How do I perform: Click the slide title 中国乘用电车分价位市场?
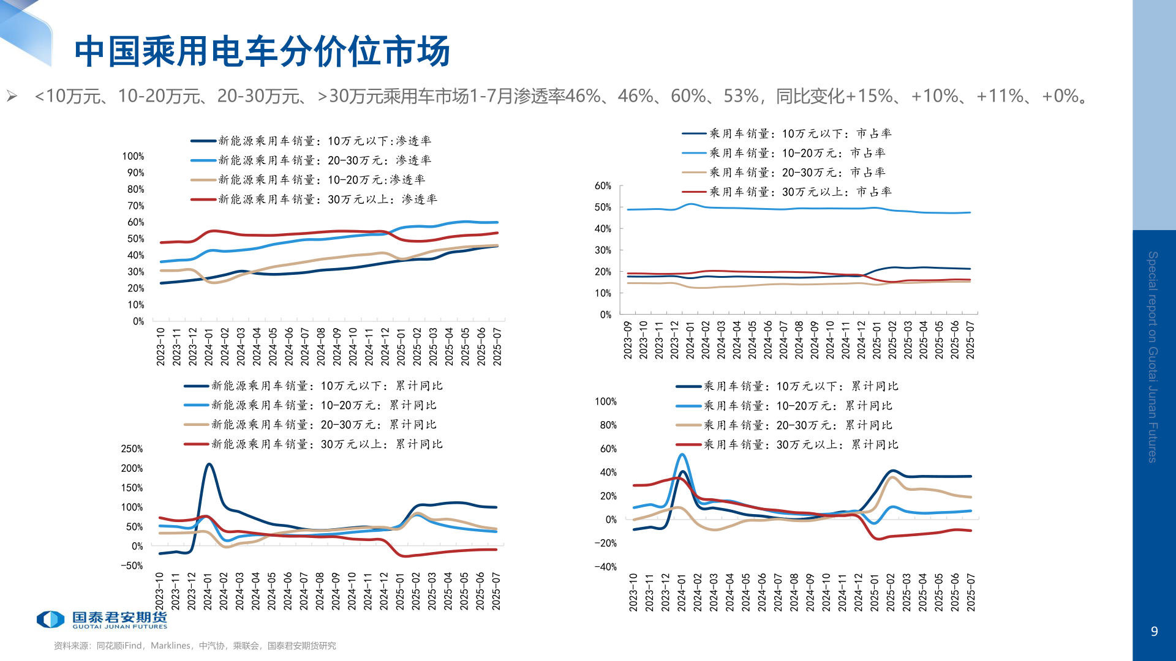(262, 51)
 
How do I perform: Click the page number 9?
(1154, 632)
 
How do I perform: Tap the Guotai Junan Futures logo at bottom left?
(102, 619)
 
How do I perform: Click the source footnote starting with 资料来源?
(195, 646)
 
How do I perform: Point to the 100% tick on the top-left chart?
(133, 157)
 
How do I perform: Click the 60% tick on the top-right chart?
(603, 186)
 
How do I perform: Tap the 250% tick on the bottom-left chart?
(132, 449)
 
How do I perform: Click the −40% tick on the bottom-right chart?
(605, 567)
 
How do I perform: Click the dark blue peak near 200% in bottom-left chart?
(209, 465)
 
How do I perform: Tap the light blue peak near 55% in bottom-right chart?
(682, 455)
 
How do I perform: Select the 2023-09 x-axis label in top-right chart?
(628, 340)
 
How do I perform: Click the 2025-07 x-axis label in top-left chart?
(497, 346)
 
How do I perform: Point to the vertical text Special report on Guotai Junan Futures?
(1153, 356)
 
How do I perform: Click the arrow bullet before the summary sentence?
(12, 96)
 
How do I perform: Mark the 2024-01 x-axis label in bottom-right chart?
(682, 592)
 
